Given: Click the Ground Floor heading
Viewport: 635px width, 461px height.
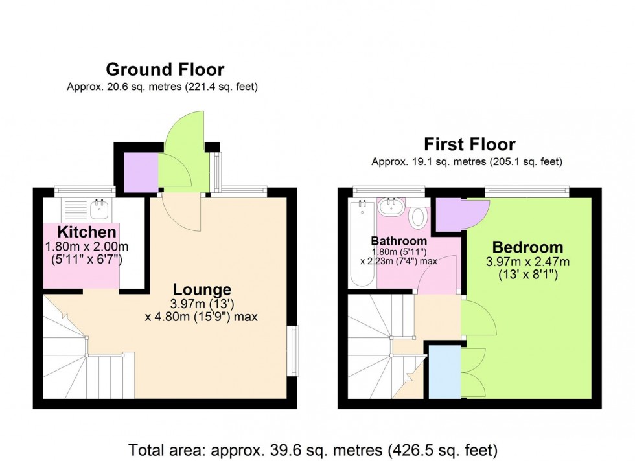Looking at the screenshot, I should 165,69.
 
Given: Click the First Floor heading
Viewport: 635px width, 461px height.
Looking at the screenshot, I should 469,144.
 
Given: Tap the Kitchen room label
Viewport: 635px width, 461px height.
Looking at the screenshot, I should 87,232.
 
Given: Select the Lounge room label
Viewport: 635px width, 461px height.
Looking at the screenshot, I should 201,289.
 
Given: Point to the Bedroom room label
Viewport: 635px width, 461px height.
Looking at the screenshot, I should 527,247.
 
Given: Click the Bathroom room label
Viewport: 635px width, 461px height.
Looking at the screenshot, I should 398,241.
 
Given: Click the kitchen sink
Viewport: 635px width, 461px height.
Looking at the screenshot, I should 99,208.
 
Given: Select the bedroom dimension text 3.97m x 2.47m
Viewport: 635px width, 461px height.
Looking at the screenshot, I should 527,262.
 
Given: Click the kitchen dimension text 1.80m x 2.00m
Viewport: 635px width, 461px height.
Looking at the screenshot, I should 87,247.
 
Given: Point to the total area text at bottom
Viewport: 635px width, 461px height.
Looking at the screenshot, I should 313,449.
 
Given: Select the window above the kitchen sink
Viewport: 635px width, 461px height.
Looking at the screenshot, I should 84,190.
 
